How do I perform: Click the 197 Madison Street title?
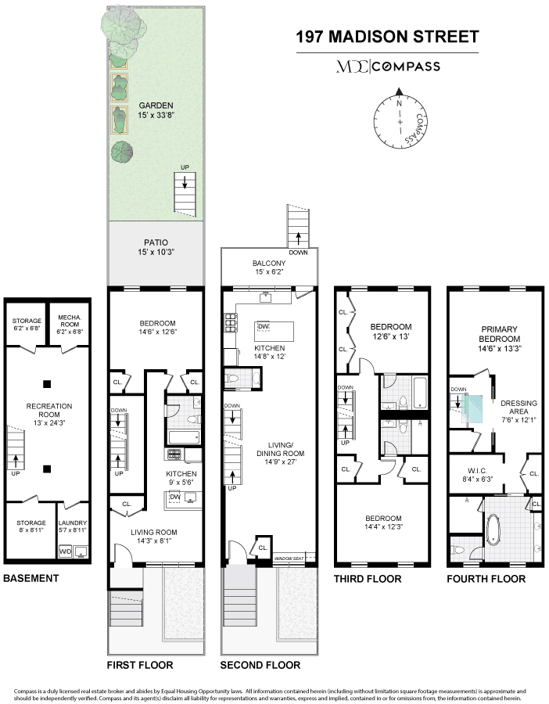pos(387,37)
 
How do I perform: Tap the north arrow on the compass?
pos(399,92)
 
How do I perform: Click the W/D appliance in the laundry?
pos(66,551)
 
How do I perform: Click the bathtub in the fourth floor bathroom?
pos(494,530)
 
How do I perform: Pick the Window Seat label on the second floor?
pos(289,559)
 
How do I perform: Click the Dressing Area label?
pos(518,408)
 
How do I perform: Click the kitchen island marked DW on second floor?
pos(274,332)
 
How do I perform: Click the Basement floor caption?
pos(31,578)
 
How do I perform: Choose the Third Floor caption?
pos(368,579)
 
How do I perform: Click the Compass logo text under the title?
pos(406,67)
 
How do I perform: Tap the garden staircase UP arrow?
pos(185,181)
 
